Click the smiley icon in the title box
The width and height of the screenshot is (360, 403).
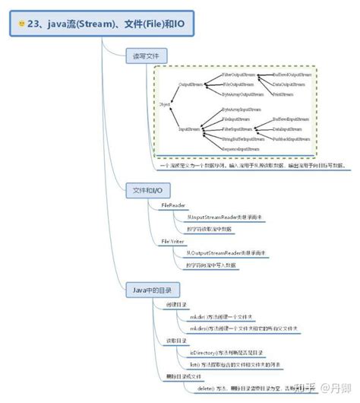(21, 24)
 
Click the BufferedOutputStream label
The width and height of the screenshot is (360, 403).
(293, 76)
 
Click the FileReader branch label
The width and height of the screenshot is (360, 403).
(173, 205)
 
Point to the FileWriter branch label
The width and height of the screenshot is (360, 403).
(173, 241)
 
